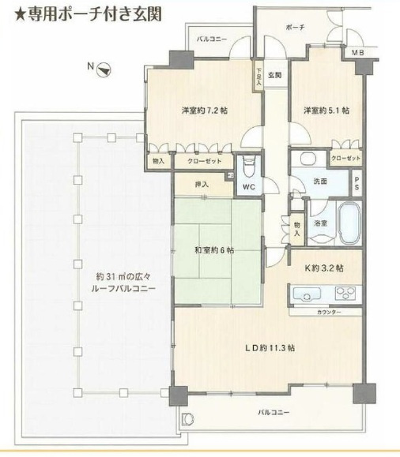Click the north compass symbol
point(104,70)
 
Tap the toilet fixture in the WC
point(249,167)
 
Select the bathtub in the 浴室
point(349,223)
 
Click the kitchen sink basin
point(307,294)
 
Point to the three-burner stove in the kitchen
point(345,293)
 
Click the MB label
point(357,53)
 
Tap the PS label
point(357,183)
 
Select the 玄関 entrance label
point(275,75)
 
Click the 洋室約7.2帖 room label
point(205,111)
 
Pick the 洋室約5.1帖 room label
point(326,111)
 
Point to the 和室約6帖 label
point(214,250)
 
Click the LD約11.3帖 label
point(270,348)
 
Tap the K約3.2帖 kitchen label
point(324,268)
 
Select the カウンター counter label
point(329,313)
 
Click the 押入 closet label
point(202,185)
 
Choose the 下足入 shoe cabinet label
point(258,77)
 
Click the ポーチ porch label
point(295,28)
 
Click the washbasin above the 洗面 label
point(308,159)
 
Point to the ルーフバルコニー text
point(123,289)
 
